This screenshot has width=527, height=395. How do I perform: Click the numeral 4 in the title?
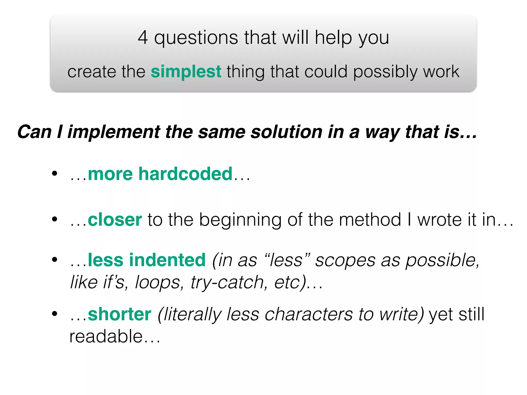pos(143,38)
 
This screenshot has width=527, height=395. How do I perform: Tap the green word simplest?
pos(186,71)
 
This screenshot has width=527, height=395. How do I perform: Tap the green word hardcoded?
pos(185,174)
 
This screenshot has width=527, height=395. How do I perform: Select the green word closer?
pos(115,220)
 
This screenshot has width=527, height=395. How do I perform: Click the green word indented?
pos(167,260)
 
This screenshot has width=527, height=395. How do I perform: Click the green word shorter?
pos(120,314)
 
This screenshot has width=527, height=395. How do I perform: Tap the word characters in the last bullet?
pos(309,314)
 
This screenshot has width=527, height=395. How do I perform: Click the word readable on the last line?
pos(106,336)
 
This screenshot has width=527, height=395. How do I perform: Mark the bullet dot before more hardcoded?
pos(54,174)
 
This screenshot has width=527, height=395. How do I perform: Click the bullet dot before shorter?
pos(54,314)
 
